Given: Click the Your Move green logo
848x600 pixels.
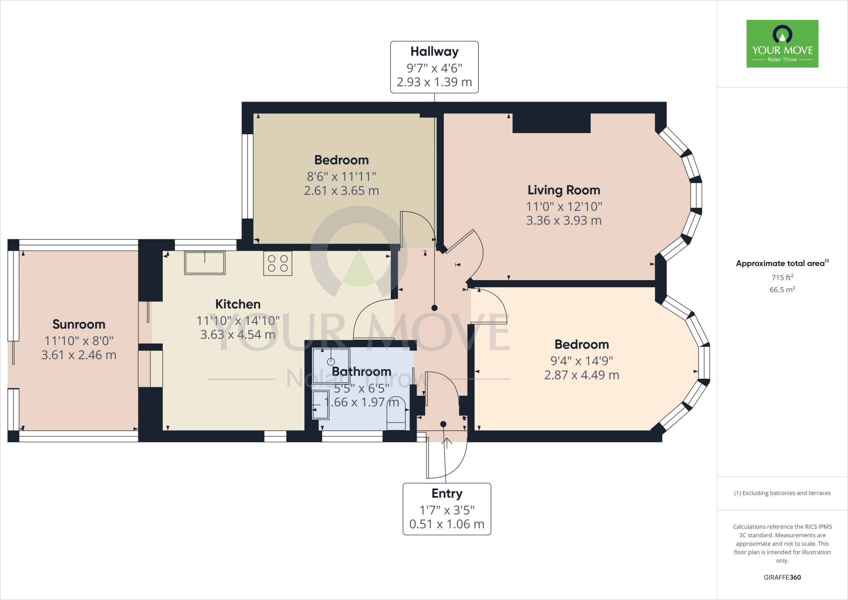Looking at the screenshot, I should pyautogui.click(x=782, y=44).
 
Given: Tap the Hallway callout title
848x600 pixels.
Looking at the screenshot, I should pyautogui.click(x=434, y=52).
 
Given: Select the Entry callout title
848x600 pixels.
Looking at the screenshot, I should pyautogui.click(x=447, y=494).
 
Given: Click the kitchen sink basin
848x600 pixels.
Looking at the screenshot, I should pyautogui.click(x=205, y=263).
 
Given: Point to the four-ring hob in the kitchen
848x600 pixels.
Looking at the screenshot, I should pyautogui.click(x=277, y=264).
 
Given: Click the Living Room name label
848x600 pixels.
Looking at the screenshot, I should pyautogui.click(x=564, y=190).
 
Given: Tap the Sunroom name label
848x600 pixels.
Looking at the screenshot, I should pyautogui.click(x=79, y=324).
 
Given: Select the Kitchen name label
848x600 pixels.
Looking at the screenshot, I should pyautogui.click(x=238, y=304).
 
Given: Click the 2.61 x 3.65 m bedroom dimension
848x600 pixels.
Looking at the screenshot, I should pyautogui.click(x=341, y=191).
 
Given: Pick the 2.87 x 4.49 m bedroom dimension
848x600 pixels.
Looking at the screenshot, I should pyautogui.click(x=581, y=375).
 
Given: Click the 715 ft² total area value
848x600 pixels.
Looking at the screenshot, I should pyautogui.click(x=782, y=278).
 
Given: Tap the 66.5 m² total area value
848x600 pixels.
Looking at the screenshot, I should pyautogui.click(x=782, y=290).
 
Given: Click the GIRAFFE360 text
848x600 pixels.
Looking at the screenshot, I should pyautogui.click(x=782, y=577).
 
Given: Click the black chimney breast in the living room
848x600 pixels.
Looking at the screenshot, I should pyautogui.click(x=551, y=123).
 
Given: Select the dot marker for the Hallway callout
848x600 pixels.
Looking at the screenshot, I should pyautogui.click(x=434, y=308).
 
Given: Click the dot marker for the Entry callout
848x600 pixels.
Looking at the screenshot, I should pyautogui.click(x=443, y=424).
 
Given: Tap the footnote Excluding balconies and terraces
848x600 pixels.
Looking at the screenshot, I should pyautogui.click(x=782, y=493).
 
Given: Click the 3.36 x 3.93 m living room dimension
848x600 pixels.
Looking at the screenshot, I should pyautogui.click(x=564, y=221).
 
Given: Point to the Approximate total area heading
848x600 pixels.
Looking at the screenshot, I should pyautogui.click(x=781, y=264).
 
